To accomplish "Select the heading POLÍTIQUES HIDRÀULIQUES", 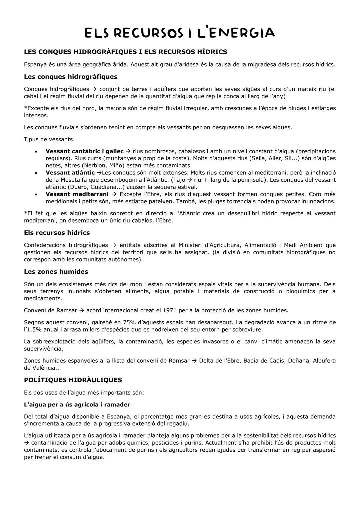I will pos(73,380).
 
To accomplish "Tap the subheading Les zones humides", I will pos(56,272).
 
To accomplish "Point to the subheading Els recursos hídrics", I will pos(57,233).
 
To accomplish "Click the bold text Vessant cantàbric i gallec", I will pos(84,151).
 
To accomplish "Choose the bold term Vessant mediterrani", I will pos(77,194).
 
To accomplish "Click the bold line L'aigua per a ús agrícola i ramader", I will pos(77,405).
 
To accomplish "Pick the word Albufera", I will pos(324,361).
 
